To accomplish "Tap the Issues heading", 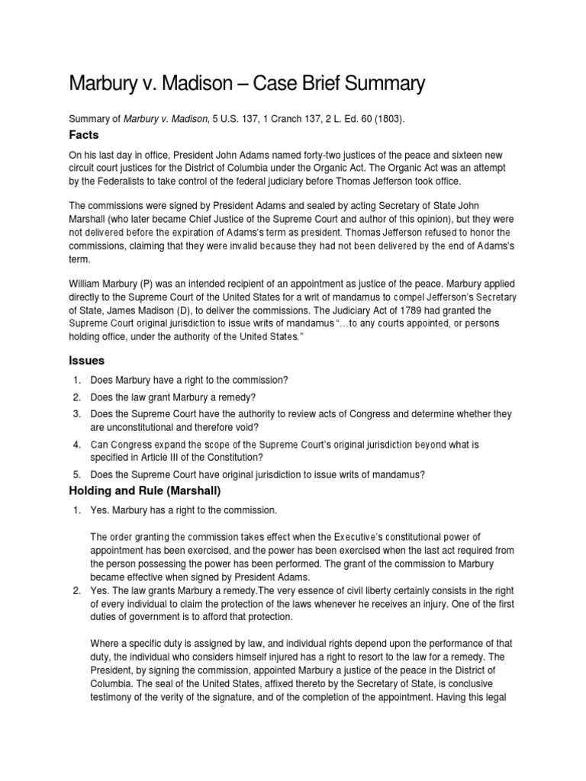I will click(87, 359).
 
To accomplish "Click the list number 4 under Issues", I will click(77, 444).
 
